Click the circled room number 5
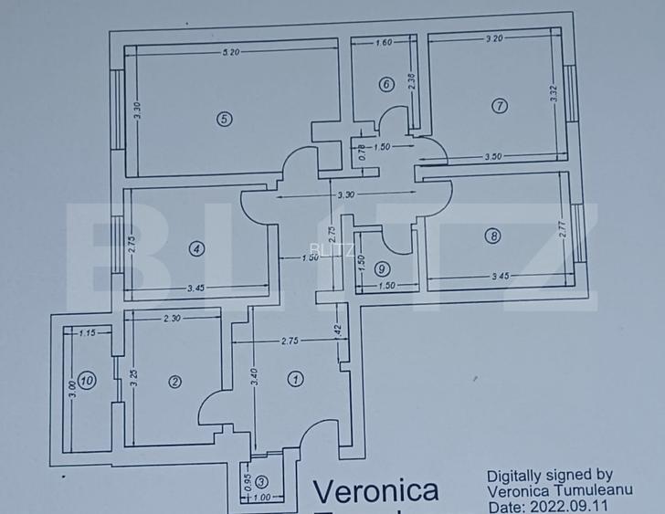tap(224, 118)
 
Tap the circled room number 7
tap(499, 105)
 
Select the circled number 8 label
tap(494, 236)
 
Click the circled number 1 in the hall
tap(295, 379)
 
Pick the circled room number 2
tap(174, 383)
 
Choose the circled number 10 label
tap(86, 381)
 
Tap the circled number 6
tap(386, 85)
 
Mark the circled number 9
tap(382, 268)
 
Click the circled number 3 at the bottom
tap(262, 482)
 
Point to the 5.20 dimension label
tap(230, 52)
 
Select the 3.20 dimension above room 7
tap(494, 37)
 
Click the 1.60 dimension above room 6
tap(384, 42)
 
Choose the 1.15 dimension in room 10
tap(88, 334)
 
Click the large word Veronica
tap(375, 491)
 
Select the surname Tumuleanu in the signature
tap(583, 490)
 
